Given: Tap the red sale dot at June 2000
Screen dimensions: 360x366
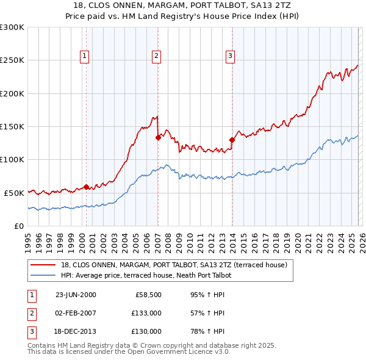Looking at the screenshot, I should tap(86, 187).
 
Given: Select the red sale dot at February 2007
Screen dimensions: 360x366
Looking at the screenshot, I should tap(157, 137).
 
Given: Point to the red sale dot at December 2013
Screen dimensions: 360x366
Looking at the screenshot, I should tap(232, 140).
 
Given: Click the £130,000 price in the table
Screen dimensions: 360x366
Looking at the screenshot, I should tap(146, 331).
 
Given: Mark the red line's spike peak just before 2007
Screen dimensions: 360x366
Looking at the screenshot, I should tap(157, 116).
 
